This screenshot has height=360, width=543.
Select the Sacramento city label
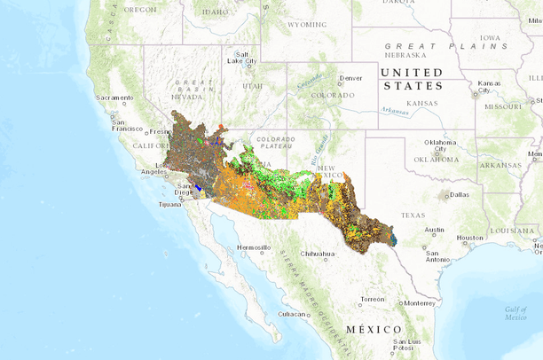(x=114, y=97)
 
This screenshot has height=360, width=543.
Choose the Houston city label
(x=469, y=238)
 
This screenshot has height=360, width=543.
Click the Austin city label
(x=435, y=230)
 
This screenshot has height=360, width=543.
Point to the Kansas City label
(x=489, y=87)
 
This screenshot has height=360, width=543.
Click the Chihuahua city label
(x=318, y=254)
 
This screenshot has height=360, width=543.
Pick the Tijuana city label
(x=169, y=205)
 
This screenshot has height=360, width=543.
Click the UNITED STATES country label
(x=411, y=79)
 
